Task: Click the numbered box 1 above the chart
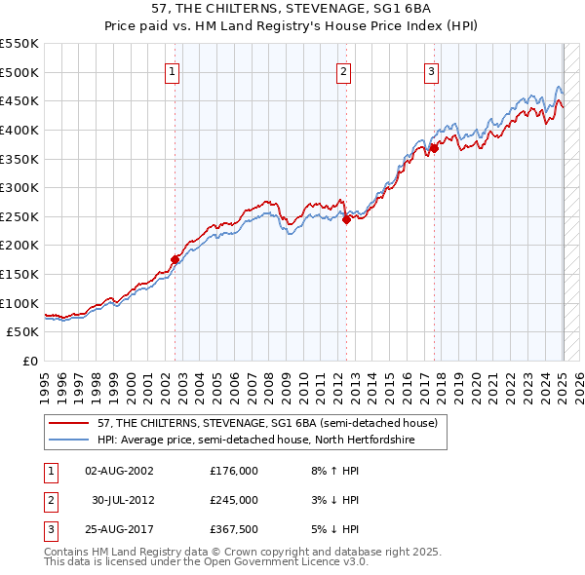click(173, 70)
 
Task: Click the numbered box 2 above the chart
click(345, 70)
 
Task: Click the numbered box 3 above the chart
click(432, 70)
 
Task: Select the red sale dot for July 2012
click(346, 219)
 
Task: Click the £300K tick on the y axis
click(19, 187)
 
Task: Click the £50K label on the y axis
click(23, 331)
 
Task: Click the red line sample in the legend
click(71, 423)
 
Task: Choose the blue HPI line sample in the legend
click(71, 440)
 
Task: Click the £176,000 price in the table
click(233, 470)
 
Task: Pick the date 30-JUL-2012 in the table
click(123, 500)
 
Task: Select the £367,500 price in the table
click(233, 530)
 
